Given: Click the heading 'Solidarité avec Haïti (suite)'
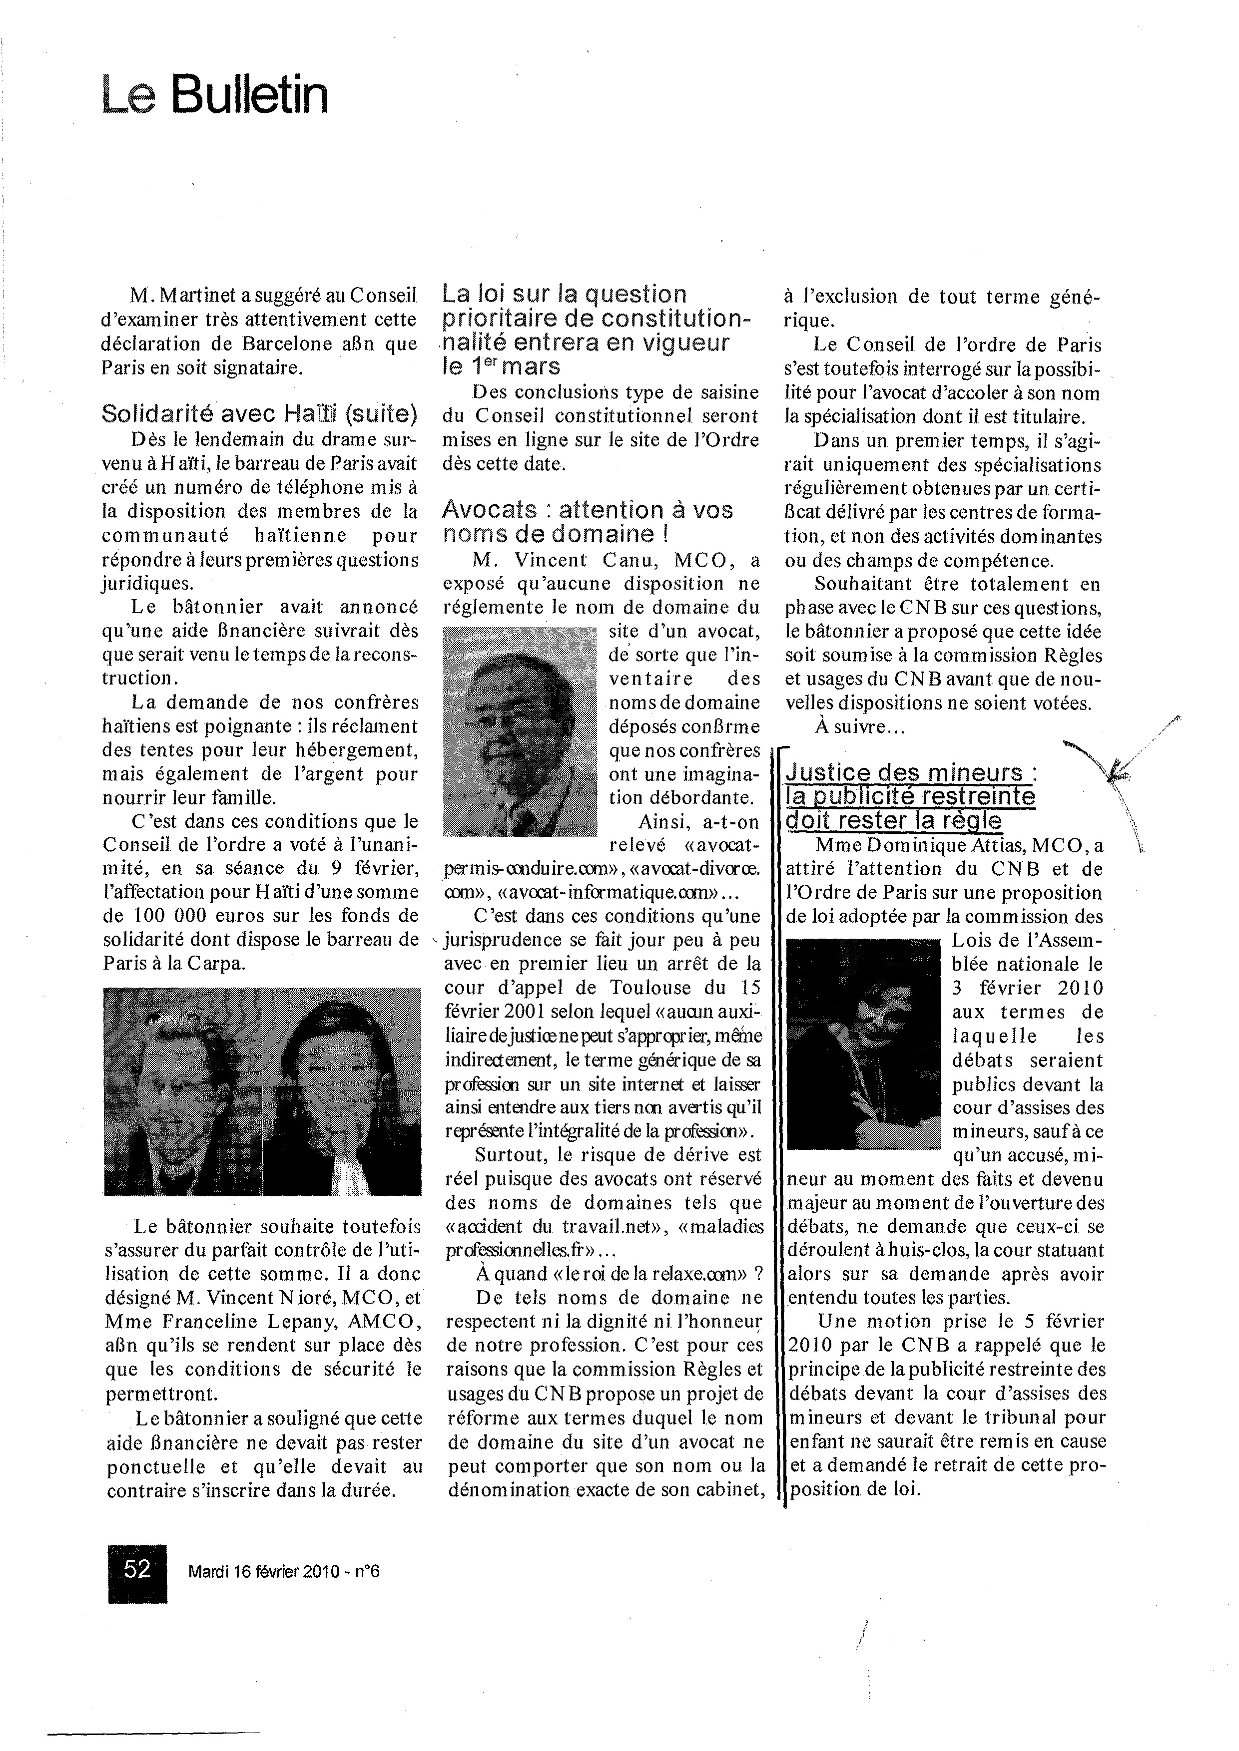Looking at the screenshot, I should pos(259,414).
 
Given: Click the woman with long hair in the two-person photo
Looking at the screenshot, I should pos(342,1091).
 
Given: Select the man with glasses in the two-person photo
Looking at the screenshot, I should pos(183,1091).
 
